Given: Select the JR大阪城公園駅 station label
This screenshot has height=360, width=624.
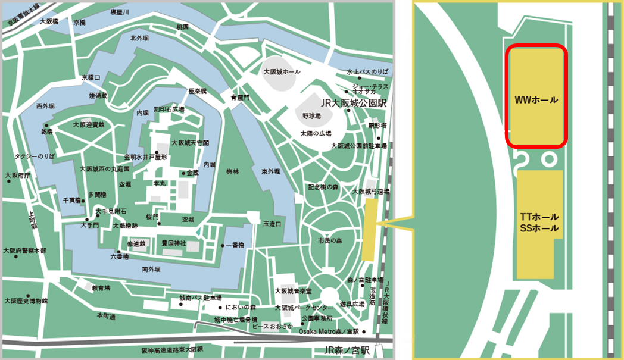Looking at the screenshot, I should tap(354, 103).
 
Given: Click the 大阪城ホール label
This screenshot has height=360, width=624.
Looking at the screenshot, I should tap(282, 71).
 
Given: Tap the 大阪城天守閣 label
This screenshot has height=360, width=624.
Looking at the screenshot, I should tap(190, 143).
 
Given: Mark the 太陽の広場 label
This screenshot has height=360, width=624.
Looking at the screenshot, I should tap(316, 133).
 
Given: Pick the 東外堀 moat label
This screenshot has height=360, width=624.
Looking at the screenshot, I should tap(270, 171).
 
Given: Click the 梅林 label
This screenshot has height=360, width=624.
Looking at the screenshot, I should tap(233, 171).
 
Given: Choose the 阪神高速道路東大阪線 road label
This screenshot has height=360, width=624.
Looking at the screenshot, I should tap(172, 350).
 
